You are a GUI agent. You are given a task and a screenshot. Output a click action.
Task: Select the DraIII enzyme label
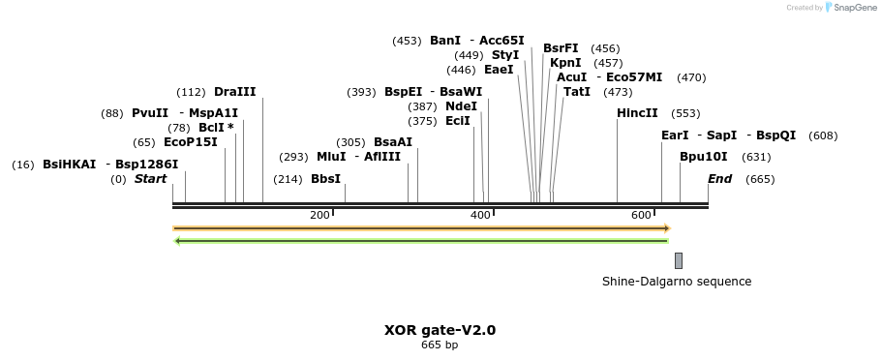(234, 92)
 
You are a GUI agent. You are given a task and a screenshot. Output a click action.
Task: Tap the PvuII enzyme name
(150, 113)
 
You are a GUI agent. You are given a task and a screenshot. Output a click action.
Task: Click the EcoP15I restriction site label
(191, 142)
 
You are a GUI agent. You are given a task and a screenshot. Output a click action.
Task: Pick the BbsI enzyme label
(325, 179)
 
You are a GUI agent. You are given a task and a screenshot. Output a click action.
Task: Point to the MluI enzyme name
(332, 157)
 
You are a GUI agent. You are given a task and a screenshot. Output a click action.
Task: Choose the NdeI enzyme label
(461, 106)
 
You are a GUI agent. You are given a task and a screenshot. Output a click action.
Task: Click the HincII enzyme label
(637, 113)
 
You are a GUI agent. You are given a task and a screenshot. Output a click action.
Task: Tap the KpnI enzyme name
(565, 63)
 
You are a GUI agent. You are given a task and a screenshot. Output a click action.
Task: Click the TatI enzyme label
(577, 92)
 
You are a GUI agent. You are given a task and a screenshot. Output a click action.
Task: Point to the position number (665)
(760, 179)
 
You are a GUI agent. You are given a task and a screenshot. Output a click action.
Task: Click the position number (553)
(685, 113)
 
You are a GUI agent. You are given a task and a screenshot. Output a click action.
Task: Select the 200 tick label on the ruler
(319, 215)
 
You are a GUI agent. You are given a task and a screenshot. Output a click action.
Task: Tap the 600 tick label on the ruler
(641, 215)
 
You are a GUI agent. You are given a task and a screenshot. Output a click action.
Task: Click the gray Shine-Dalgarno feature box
(679, 260)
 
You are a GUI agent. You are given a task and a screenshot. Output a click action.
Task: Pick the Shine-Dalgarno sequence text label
(677, 282)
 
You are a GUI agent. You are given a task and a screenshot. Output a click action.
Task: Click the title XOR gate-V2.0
(440, 330)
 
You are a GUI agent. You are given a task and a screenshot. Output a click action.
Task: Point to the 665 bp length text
(440, 345)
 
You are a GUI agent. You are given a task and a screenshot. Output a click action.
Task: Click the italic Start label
(150, 179)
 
